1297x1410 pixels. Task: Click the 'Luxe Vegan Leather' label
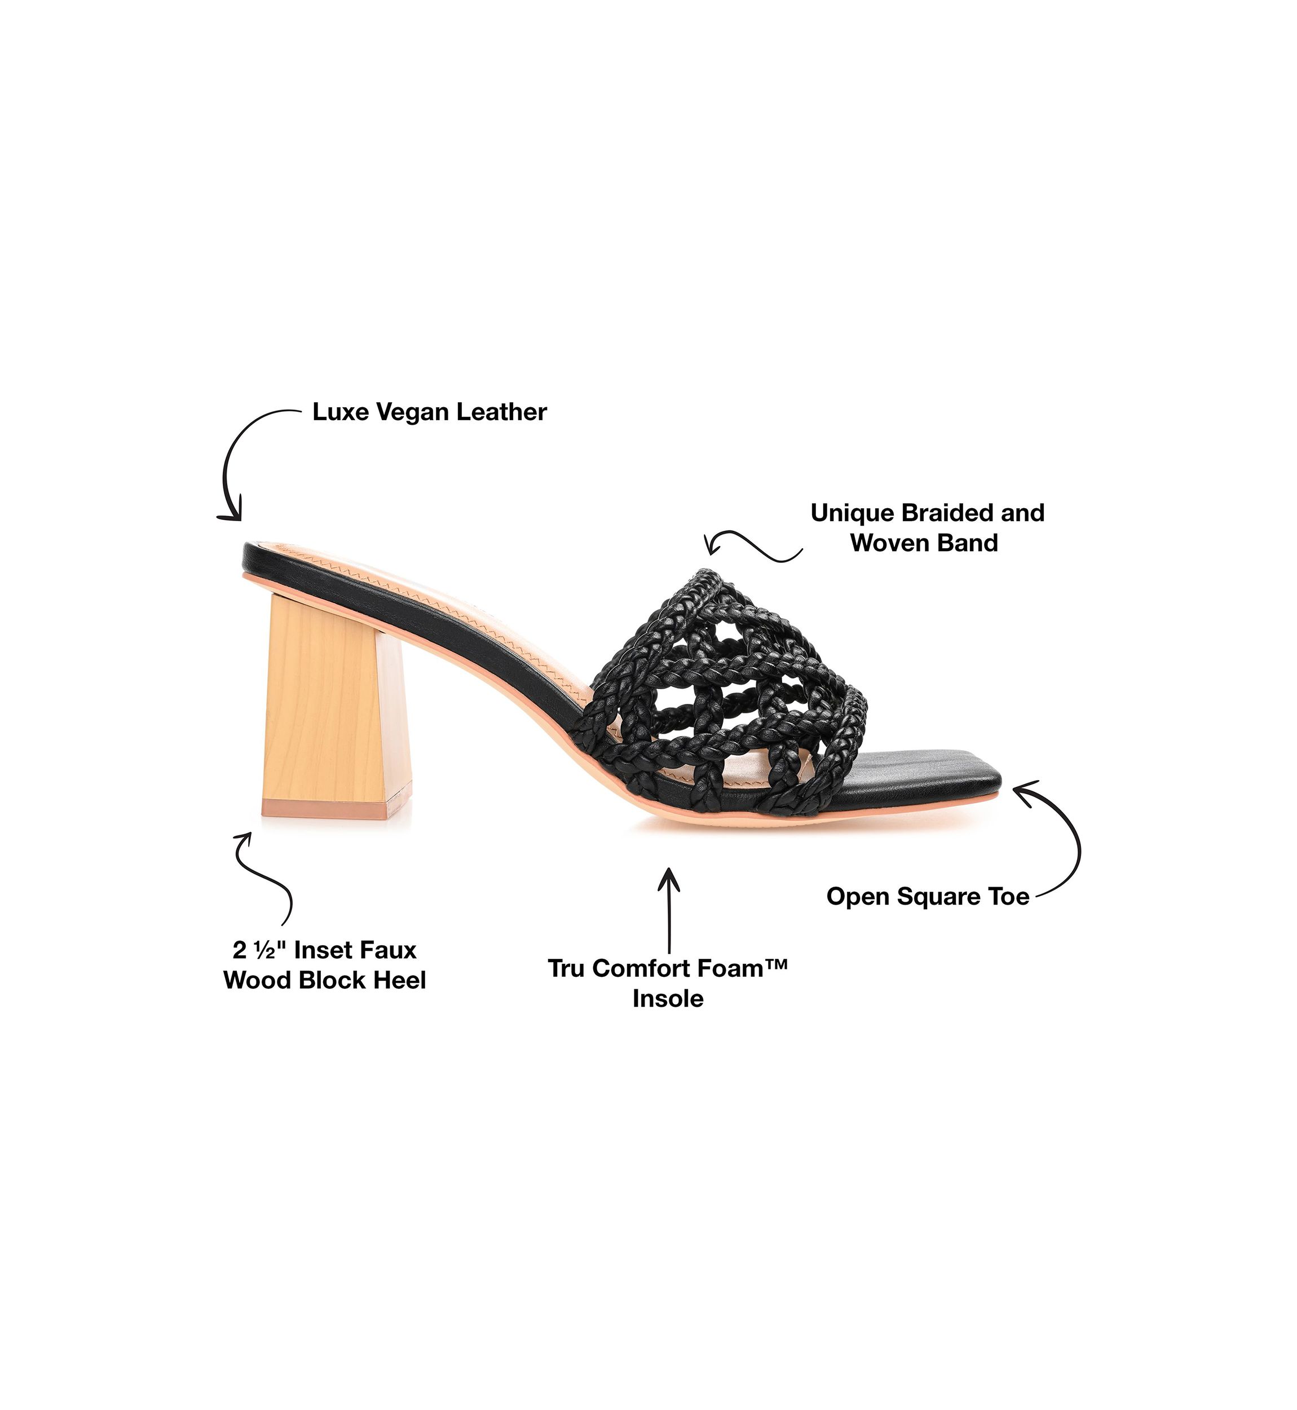point(430,412)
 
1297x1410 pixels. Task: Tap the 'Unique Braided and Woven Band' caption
point(927,528)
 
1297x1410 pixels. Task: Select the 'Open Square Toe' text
point(928,896)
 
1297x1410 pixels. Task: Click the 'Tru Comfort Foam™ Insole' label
point(668,982)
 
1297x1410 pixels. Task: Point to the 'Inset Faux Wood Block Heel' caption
point(325,965)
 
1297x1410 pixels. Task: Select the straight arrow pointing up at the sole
point(669,910)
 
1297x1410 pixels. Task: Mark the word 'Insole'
point(668,998)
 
